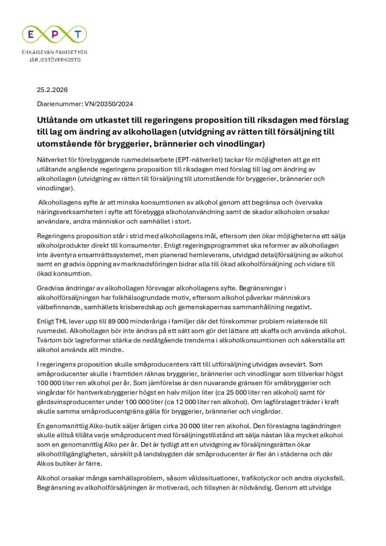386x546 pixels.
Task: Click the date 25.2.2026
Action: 52,89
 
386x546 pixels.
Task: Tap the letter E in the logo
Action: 33,35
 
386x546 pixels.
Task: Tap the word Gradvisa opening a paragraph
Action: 53,288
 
